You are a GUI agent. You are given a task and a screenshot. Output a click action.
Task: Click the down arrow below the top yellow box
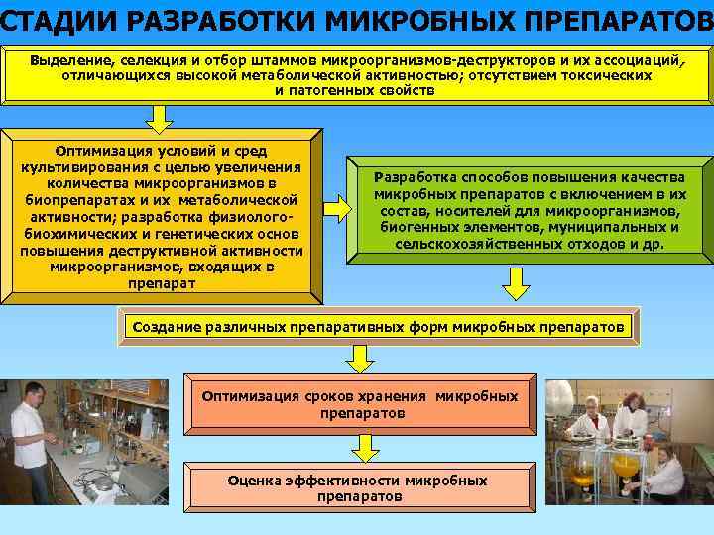coord(159,118)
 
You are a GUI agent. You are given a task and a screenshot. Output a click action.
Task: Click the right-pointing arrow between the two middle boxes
coord(338,208)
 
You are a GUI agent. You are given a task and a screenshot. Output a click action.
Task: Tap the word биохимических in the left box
coord(77,234)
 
